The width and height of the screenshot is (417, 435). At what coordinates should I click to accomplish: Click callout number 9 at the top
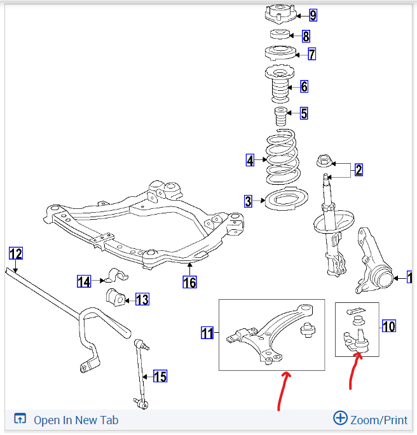312,15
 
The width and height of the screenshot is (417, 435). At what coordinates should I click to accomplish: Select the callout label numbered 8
306,36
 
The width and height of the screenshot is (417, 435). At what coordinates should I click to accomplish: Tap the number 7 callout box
311,54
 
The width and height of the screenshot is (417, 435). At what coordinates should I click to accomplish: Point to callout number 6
304,86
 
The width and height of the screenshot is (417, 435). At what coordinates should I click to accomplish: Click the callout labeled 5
304,114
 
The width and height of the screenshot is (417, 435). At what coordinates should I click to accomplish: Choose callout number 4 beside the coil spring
250,161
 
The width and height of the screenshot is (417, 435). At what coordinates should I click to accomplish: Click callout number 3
248,202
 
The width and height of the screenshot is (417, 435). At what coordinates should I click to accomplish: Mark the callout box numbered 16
189,282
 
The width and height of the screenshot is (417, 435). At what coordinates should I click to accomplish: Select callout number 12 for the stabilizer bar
16,254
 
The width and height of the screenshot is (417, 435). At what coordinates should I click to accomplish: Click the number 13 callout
142,299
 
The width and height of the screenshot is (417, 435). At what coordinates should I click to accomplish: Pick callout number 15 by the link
160,377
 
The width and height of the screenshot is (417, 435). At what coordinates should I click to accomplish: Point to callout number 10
388,326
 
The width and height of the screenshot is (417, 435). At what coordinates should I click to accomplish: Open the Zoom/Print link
371,419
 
